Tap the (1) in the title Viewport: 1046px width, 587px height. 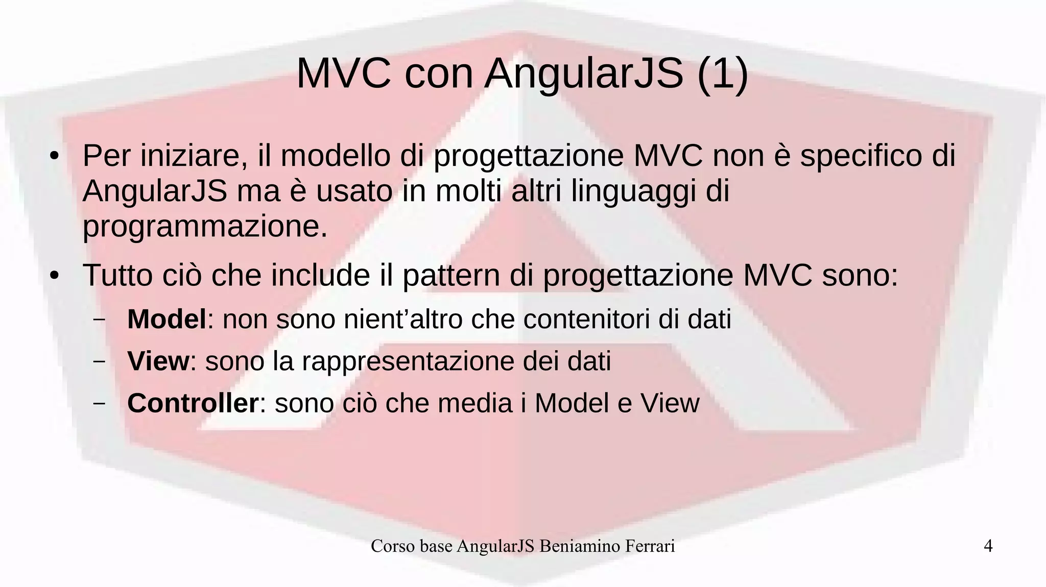722,74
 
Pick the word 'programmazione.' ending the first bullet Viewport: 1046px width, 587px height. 205,227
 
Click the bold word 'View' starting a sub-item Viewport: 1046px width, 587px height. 158,361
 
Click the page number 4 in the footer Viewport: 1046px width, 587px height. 988,546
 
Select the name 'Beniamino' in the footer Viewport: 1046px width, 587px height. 574,546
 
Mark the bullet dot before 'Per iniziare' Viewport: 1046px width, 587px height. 55,157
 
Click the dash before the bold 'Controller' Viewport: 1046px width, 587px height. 100,403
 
